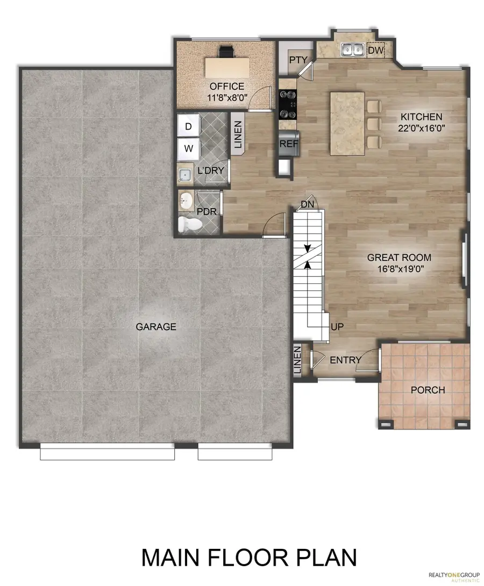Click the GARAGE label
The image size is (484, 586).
point(156,326)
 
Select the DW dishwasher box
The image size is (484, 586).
point(375,50)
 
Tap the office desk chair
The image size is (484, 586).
point(226,52)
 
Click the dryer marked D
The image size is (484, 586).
point(188,127)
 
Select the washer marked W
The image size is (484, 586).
point(188,147)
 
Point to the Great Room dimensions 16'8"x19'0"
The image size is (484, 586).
point(398,269)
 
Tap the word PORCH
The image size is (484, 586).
point(428,390)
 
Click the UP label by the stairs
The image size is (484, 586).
point(337,326)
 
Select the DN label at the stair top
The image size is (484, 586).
point(307,204)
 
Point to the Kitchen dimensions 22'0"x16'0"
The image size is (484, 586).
point(421,128)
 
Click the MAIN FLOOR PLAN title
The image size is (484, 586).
point(249,558)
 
